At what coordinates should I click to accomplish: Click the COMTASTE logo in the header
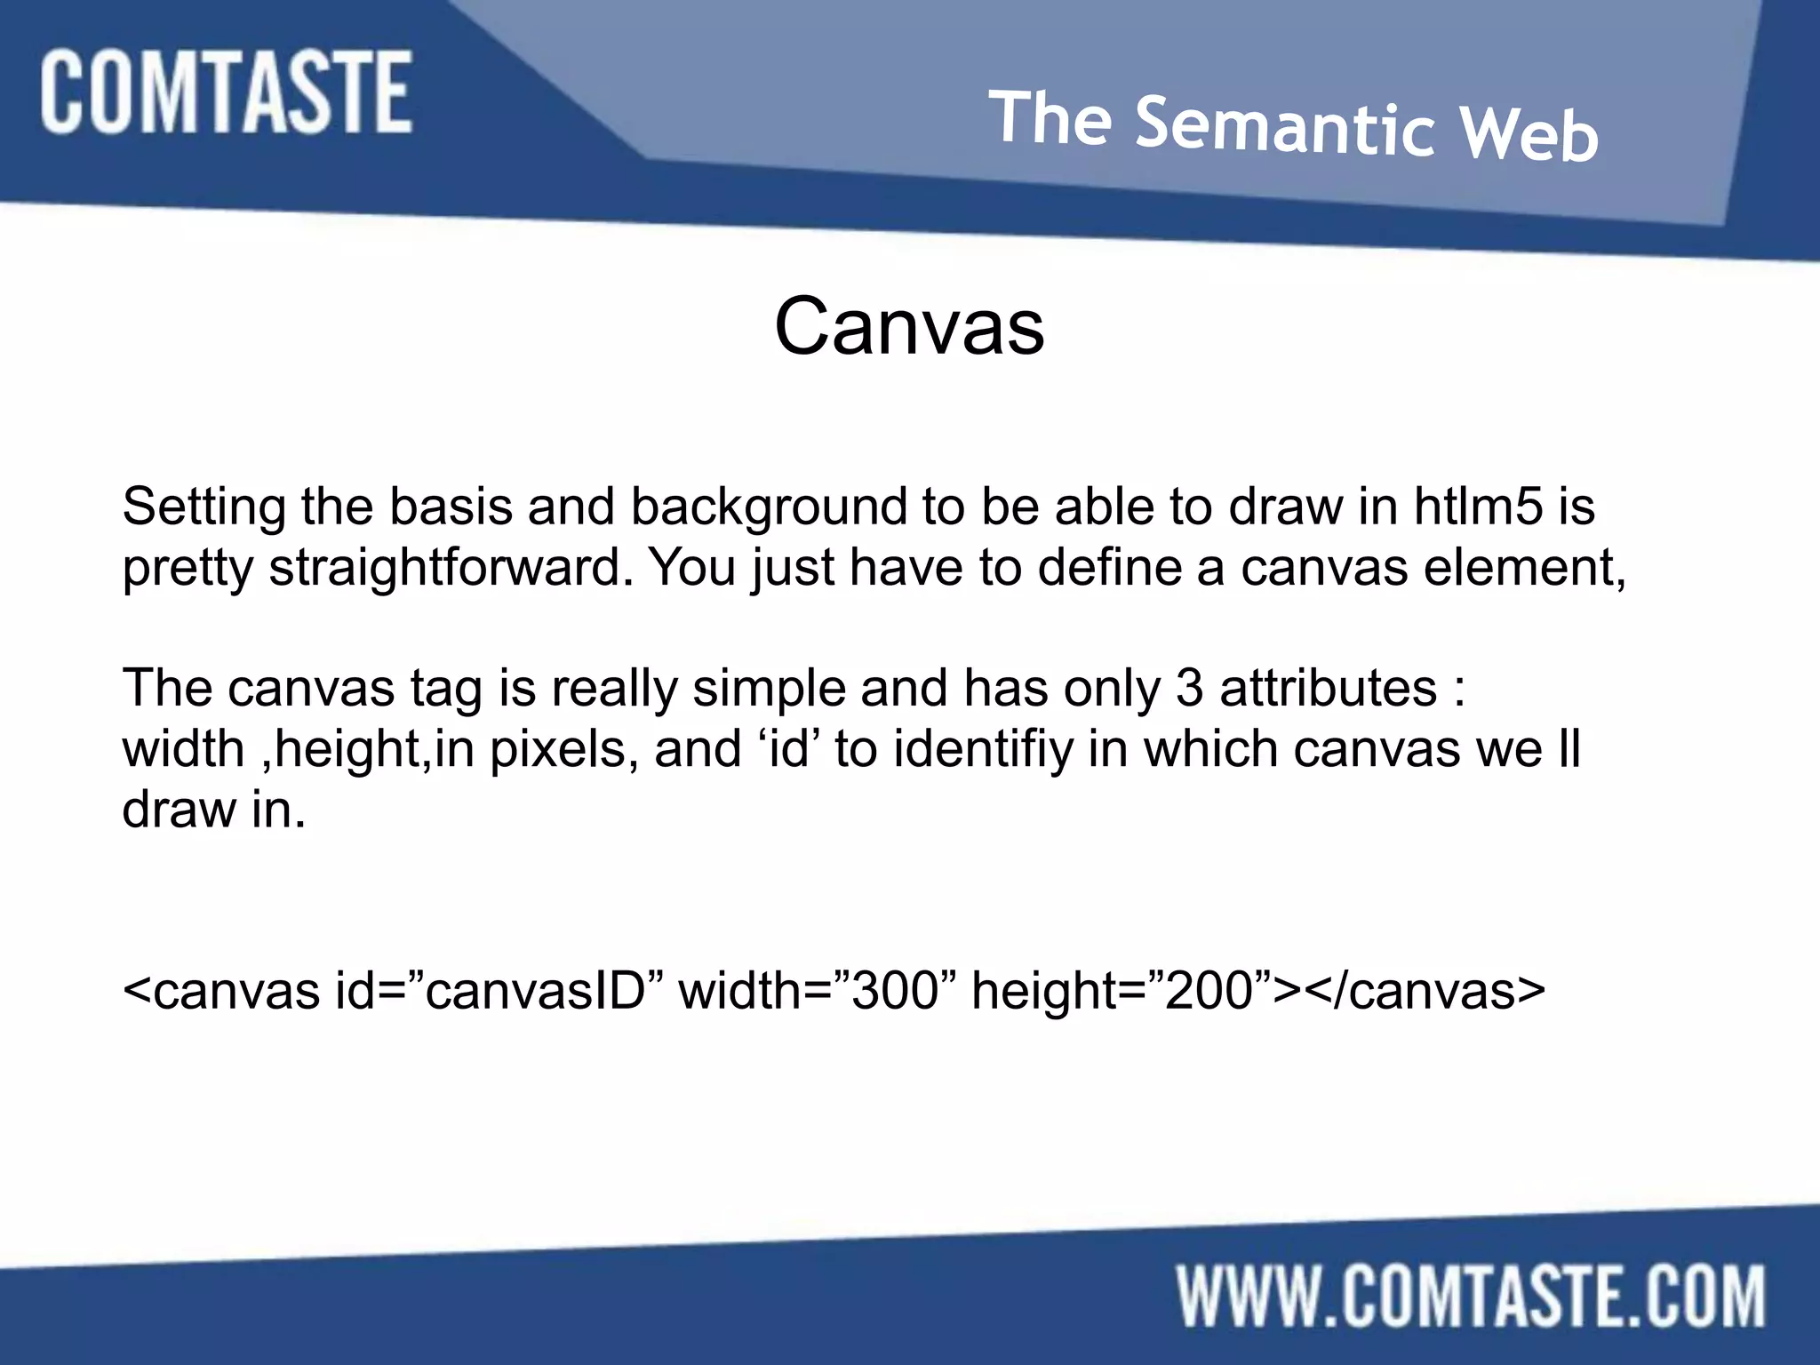(226, 92)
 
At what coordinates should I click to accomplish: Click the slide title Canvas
(909, 326)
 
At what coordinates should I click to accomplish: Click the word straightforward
(451, 569)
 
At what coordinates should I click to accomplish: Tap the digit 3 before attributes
(1190, 689)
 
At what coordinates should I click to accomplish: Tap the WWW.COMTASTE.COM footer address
(1472, 1297)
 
